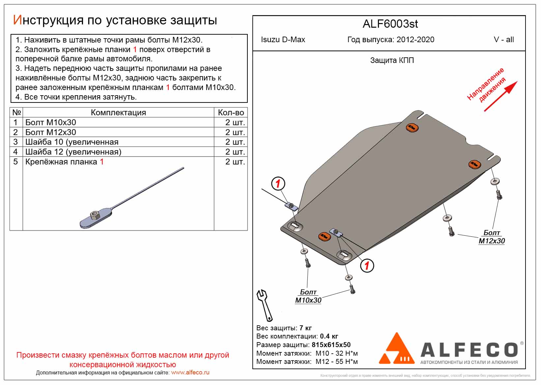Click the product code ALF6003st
390,24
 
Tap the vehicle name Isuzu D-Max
283,40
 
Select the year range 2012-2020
415,40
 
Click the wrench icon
264,305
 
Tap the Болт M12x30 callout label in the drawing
491,237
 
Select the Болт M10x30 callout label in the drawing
308,296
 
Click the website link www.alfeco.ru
190,372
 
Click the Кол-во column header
231,113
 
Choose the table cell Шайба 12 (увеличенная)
73,152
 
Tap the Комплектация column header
118,113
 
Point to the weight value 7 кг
305,328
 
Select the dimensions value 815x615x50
331,345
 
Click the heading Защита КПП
392,61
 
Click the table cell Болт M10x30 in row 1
51,123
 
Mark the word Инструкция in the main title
48,20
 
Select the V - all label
503,40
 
